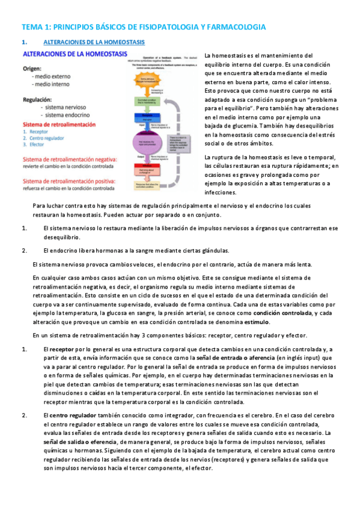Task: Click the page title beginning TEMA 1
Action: click(144, 27)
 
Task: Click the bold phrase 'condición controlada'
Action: click(279, 313)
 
